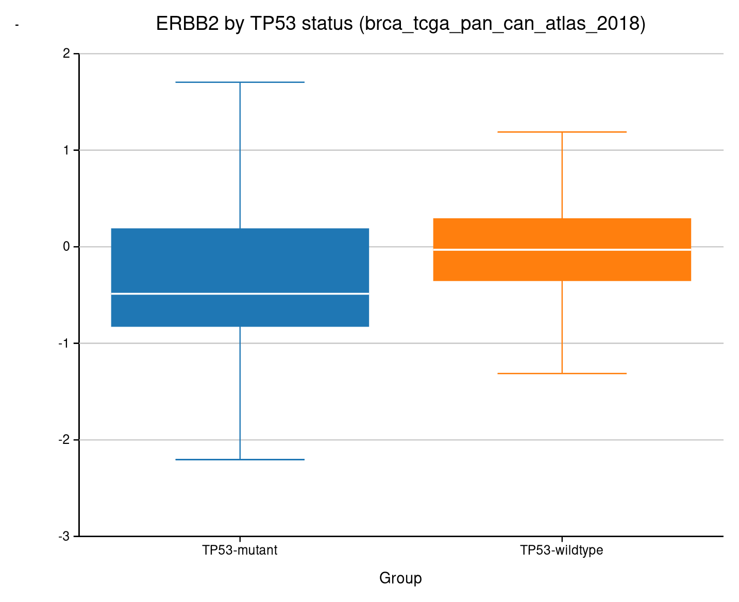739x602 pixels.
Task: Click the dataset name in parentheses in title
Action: click(502, 24)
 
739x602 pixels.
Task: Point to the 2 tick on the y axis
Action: click(66, 54)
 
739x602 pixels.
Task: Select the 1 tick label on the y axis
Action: click(66, 150)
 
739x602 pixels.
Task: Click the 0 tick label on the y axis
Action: click(66, 247)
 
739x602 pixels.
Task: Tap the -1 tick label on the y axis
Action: click(64, 343)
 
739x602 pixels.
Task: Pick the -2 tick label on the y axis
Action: click(64, 440)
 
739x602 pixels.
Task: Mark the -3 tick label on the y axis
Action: click(64, 537)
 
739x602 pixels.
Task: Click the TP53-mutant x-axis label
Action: click(240, 551)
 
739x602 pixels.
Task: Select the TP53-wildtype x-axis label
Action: click(562, 551)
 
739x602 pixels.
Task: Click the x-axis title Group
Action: click(400, 578)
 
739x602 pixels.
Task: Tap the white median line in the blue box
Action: click(240, 294)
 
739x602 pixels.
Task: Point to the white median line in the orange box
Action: click(562, 250)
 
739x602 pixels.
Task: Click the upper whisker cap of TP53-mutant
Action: click(240, 82)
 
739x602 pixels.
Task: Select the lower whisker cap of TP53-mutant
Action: click(240, 459)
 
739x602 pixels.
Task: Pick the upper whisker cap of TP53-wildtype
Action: click(562, 132)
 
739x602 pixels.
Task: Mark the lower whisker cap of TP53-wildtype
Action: click(562, 373)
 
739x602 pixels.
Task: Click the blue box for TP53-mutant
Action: click(240, 263)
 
